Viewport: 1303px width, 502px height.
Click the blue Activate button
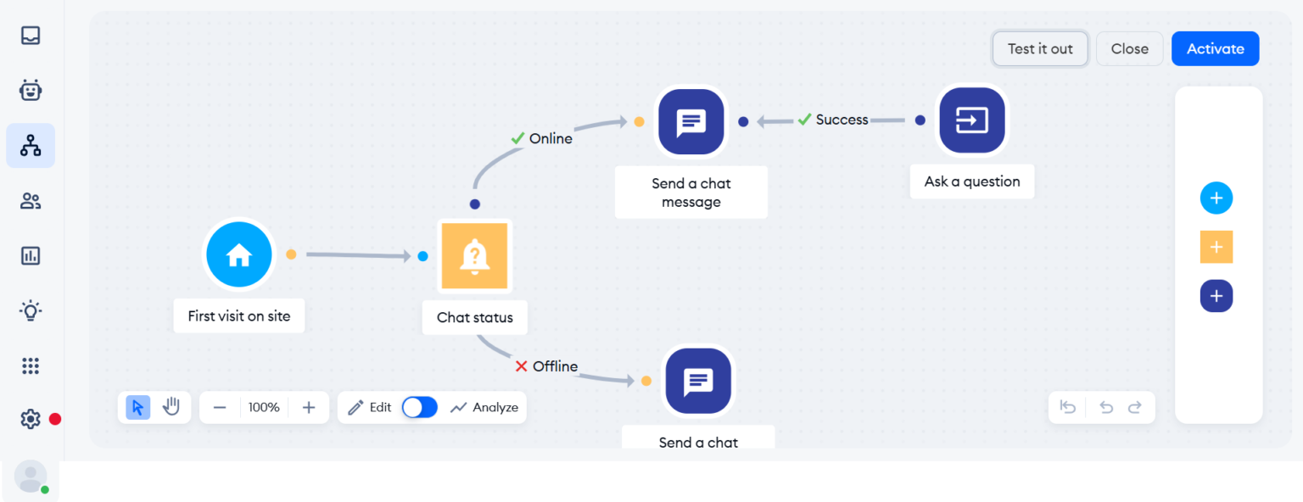[1215, 49]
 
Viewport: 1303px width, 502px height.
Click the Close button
[1129, 49]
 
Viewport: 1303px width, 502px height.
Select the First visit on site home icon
[239, 254]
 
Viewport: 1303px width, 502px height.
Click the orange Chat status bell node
[474, 255]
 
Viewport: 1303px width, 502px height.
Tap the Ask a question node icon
[971, 120]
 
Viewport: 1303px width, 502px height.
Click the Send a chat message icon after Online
[691, 122]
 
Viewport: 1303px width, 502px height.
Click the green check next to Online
[517, 138]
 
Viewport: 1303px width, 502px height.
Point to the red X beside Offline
[521, 366]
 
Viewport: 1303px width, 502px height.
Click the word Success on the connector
[842, 120]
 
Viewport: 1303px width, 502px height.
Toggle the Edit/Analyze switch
[420, 407]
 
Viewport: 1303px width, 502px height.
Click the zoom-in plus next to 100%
[309, 407]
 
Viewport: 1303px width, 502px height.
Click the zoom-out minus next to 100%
[220, 407]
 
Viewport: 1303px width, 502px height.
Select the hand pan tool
[171, 407]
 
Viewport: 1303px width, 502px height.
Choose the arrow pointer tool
[138, 407]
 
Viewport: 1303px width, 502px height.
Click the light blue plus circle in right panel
[1216, 198]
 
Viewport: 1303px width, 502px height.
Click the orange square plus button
[1216, 247]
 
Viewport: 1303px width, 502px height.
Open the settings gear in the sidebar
[31, 419]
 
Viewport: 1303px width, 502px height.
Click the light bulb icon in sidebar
[31, 310]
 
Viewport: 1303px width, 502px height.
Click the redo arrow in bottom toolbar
[1134, 407]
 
